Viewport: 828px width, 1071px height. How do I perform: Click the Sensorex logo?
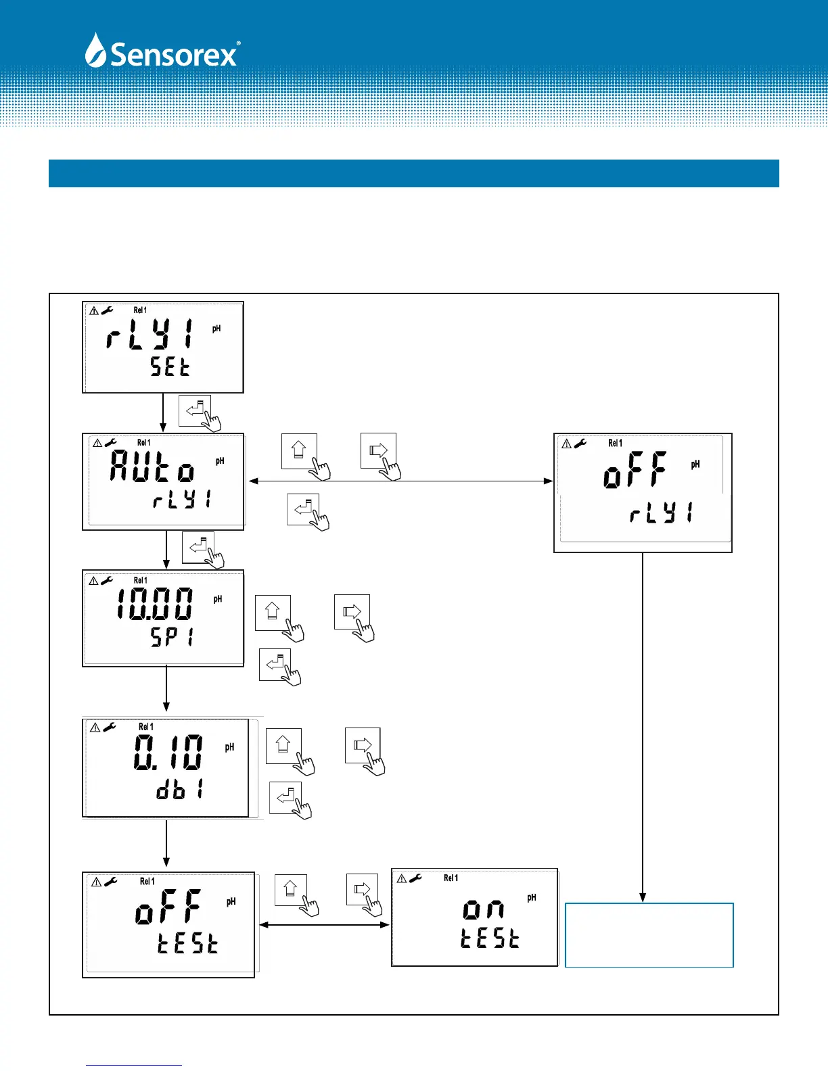point(162,51)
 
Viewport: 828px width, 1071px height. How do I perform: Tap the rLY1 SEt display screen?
point(163,347)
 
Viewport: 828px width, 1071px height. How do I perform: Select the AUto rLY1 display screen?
point(163,481)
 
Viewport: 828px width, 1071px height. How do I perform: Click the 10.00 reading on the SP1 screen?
point(155,604)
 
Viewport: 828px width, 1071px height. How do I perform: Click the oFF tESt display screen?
point(168,924)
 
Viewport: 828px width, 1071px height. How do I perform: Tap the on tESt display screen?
point(475,918)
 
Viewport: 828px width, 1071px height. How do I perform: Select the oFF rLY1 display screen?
point(643,493)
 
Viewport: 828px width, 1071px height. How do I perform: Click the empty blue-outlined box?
point(649,935)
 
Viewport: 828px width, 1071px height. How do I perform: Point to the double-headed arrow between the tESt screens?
point(324,924)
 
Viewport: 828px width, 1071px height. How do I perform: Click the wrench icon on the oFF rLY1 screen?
point(580,444)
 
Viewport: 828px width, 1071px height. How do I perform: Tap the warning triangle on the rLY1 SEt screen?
point(94,310)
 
